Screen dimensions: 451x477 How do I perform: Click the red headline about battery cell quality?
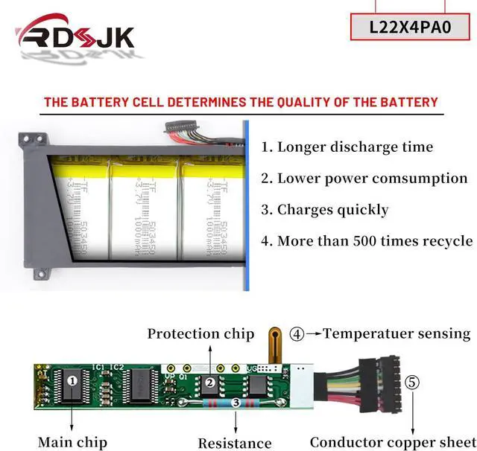[x=241, y=102]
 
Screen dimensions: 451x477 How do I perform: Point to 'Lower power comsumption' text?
[x=364, y=179]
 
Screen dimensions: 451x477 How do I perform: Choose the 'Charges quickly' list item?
[x=324, y=210]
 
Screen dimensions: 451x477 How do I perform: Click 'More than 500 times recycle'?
[x=367, y=241]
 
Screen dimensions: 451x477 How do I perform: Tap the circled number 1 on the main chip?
[x=72, y=381]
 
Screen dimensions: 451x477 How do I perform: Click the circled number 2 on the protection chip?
[x=210, y=383]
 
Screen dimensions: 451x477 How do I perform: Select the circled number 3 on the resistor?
[x=236, y=403]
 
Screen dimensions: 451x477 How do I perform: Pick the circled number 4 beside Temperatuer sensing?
[x=297, y=334]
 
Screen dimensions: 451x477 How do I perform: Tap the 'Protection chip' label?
[x=200, y=334]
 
